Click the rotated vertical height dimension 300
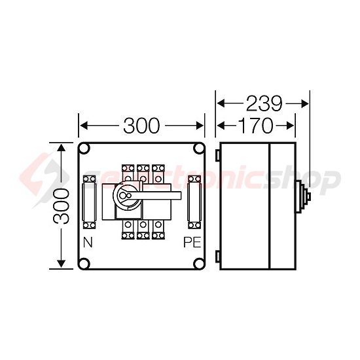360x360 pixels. [60, 206]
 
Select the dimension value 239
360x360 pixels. [263, 103]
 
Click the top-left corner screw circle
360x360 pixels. [85, 150]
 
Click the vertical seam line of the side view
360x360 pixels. [270, 206]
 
